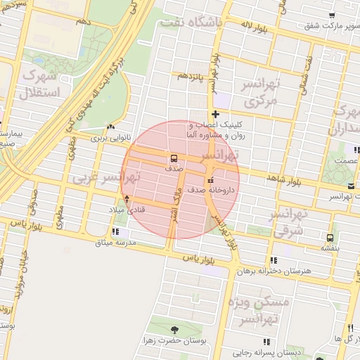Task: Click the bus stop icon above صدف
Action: tap(173, 157)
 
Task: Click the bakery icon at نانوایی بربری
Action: tap(110, 127)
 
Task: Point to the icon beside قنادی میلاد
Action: tap(127, 198)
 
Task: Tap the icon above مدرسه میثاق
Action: tap(115, 231)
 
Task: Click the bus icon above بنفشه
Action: tap(330, 237)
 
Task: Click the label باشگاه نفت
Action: tap(191, 22)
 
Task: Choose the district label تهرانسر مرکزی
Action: tap(262, 93)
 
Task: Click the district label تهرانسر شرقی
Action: tap(289, 222)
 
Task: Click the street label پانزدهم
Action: tap(191, 75)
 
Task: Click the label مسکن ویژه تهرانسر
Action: tap(261, 310)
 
